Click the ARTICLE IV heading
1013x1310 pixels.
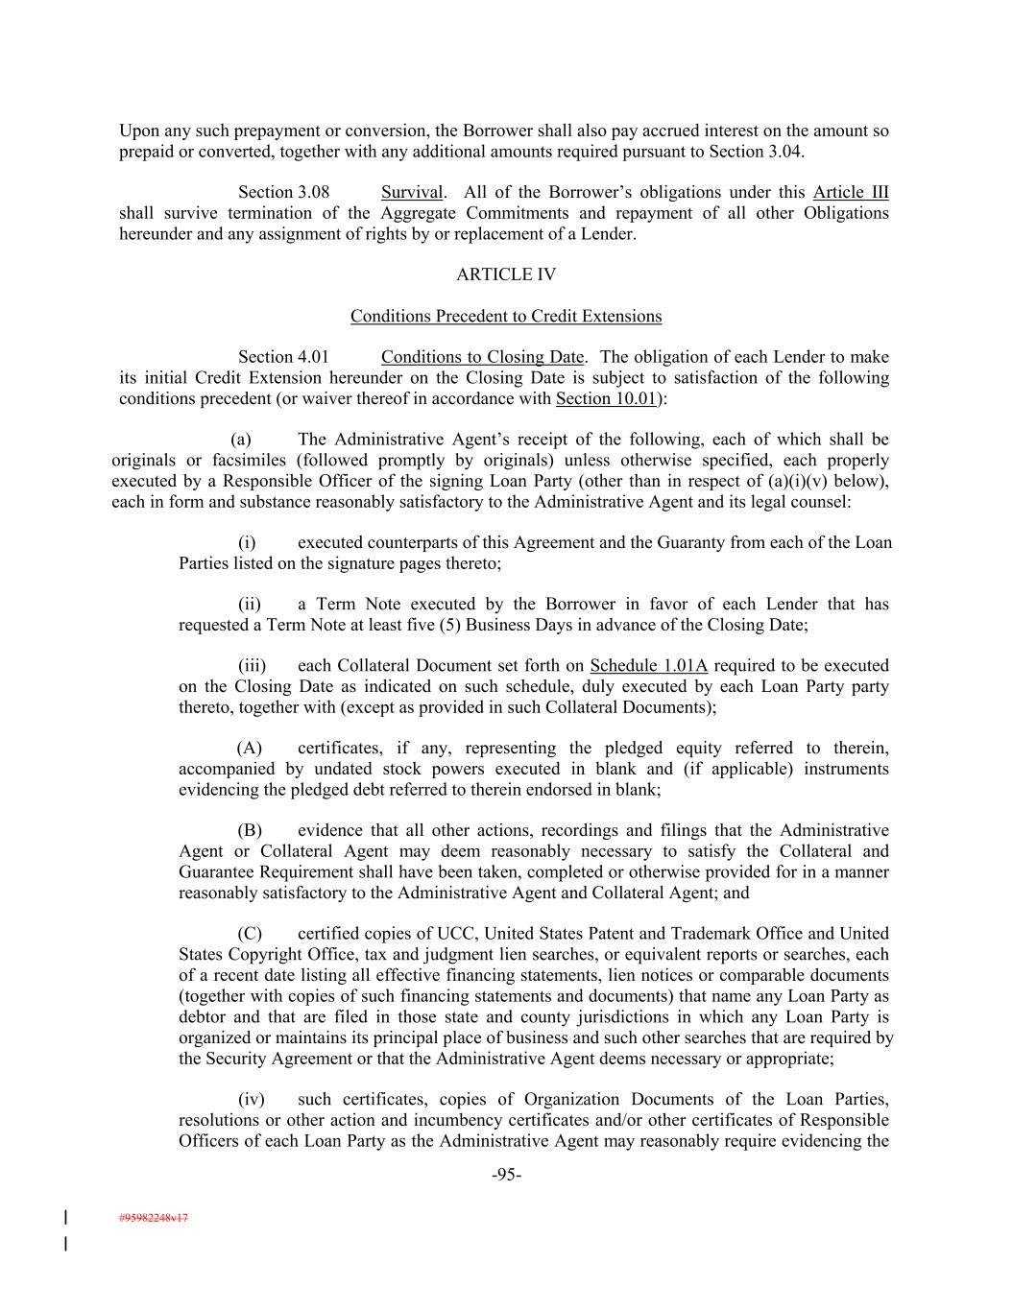506,274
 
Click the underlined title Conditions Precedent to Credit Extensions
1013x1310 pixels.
506,316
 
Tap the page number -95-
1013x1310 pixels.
506,1175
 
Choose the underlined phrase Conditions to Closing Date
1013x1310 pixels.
482,357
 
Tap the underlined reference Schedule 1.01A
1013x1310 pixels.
648,666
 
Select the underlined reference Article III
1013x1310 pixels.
851,192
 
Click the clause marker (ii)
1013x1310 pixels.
250,605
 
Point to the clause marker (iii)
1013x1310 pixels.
252,666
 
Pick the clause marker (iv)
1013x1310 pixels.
251,1100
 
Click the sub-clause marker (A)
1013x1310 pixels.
250,749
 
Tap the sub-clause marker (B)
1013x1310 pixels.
250,831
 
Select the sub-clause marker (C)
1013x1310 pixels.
250,934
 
